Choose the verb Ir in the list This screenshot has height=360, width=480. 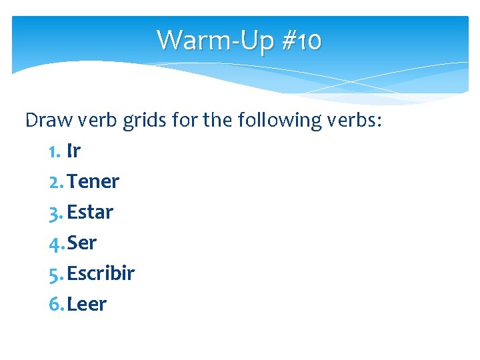pyautogui.click(x=73, y=151)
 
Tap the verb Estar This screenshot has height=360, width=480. pyautogui.click(x=90, y=212)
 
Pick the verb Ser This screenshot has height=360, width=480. pyautogui.click(x=82, y=243)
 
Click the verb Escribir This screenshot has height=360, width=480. pyautogui.click(x=101, y=273)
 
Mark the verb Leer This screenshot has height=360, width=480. pyautogui.click(x=87, y=304)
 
